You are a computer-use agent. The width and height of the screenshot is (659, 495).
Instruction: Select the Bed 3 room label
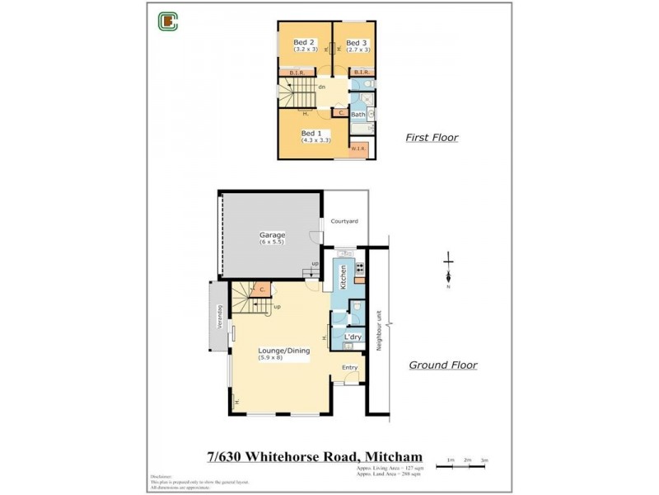(x=356, y=43)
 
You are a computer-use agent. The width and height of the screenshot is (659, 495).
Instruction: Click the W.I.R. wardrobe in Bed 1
(x=358, y=149)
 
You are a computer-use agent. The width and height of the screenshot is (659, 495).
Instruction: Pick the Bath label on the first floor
(x=358, y=115)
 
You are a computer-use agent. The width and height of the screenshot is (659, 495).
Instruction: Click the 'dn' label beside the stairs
(x=322, y=87)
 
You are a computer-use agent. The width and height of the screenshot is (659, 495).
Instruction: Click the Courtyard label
(x=344, y=221)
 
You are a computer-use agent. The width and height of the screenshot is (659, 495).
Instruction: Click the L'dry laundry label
(x=353, y=337)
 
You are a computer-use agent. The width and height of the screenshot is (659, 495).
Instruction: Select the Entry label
(x=350, y=367)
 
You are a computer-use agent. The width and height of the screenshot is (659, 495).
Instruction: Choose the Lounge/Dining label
(x=283, y=351)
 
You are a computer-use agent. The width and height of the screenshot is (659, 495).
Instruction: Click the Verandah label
(x=219, y=318)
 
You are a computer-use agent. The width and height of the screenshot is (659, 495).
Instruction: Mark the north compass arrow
(x=448, y=268)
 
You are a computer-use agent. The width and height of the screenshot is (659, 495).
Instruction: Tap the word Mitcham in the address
(x=389, y=455)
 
